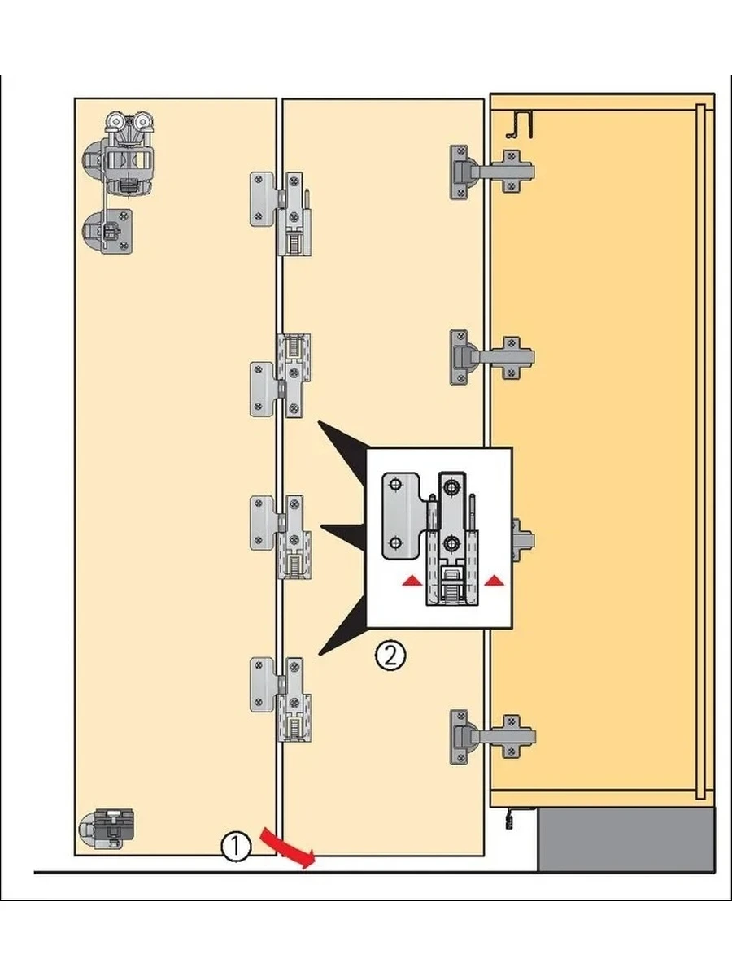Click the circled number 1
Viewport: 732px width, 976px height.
(235, 847)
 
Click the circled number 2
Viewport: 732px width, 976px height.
(390, 655)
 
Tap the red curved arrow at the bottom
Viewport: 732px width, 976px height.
(286, 847)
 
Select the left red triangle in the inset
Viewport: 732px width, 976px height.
(414, 581)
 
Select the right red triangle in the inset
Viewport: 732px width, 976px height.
(493, 581)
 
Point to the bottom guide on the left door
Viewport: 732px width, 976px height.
(107, 829)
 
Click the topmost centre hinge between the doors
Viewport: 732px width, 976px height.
(281, 211)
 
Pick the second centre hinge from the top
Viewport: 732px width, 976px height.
(281, 376)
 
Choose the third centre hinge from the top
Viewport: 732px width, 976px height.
(281, 537)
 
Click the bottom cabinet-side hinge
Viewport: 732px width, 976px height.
(488, 735)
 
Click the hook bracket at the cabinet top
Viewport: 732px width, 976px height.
(518, 123)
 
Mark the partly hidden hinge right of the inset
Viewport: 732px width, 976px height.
(521, 538)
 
